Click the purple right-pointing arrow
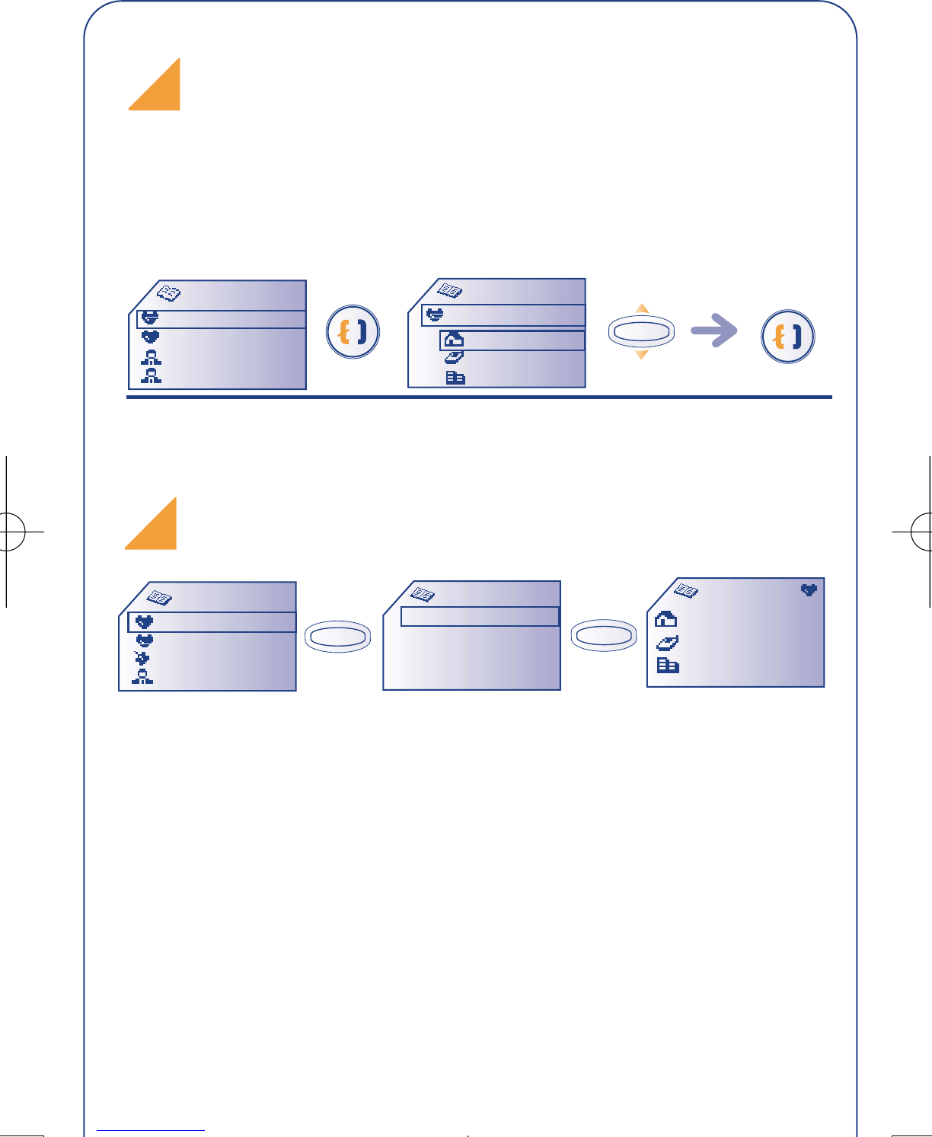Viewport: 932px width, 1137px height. [713, 330]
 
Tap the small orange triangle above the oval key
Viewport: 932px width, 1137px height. [642, 309]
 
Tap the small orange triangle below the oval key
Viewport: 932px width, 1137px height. [641, 354]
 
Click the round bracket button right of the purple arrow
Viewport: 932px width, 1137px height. [787, 336]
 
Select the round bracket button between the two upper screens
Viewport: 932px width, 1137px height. [353, 332]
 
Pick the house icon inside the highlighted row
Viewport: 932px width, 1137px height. [454, 340]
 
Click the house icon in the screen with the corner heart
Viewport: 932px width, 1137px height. [665, 618]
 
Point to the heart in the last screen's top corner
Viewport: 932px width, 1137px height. [809, 589]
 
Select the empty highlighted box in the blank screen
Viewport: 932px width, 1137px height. [480, 616]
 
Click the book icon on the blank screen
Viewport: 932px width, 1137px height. [422, 593]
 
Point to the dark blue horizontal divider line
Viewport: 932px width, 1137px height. [479, 397]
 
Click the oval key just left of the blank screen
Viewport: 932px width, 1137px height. [337, 637]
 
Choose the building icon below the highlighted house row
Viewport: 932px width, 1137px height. [455, 377]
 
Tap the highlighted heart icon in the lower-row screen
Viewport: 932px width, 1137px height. [144, 622]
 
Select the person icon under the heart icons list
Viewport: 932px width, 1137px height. [142, 678]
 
